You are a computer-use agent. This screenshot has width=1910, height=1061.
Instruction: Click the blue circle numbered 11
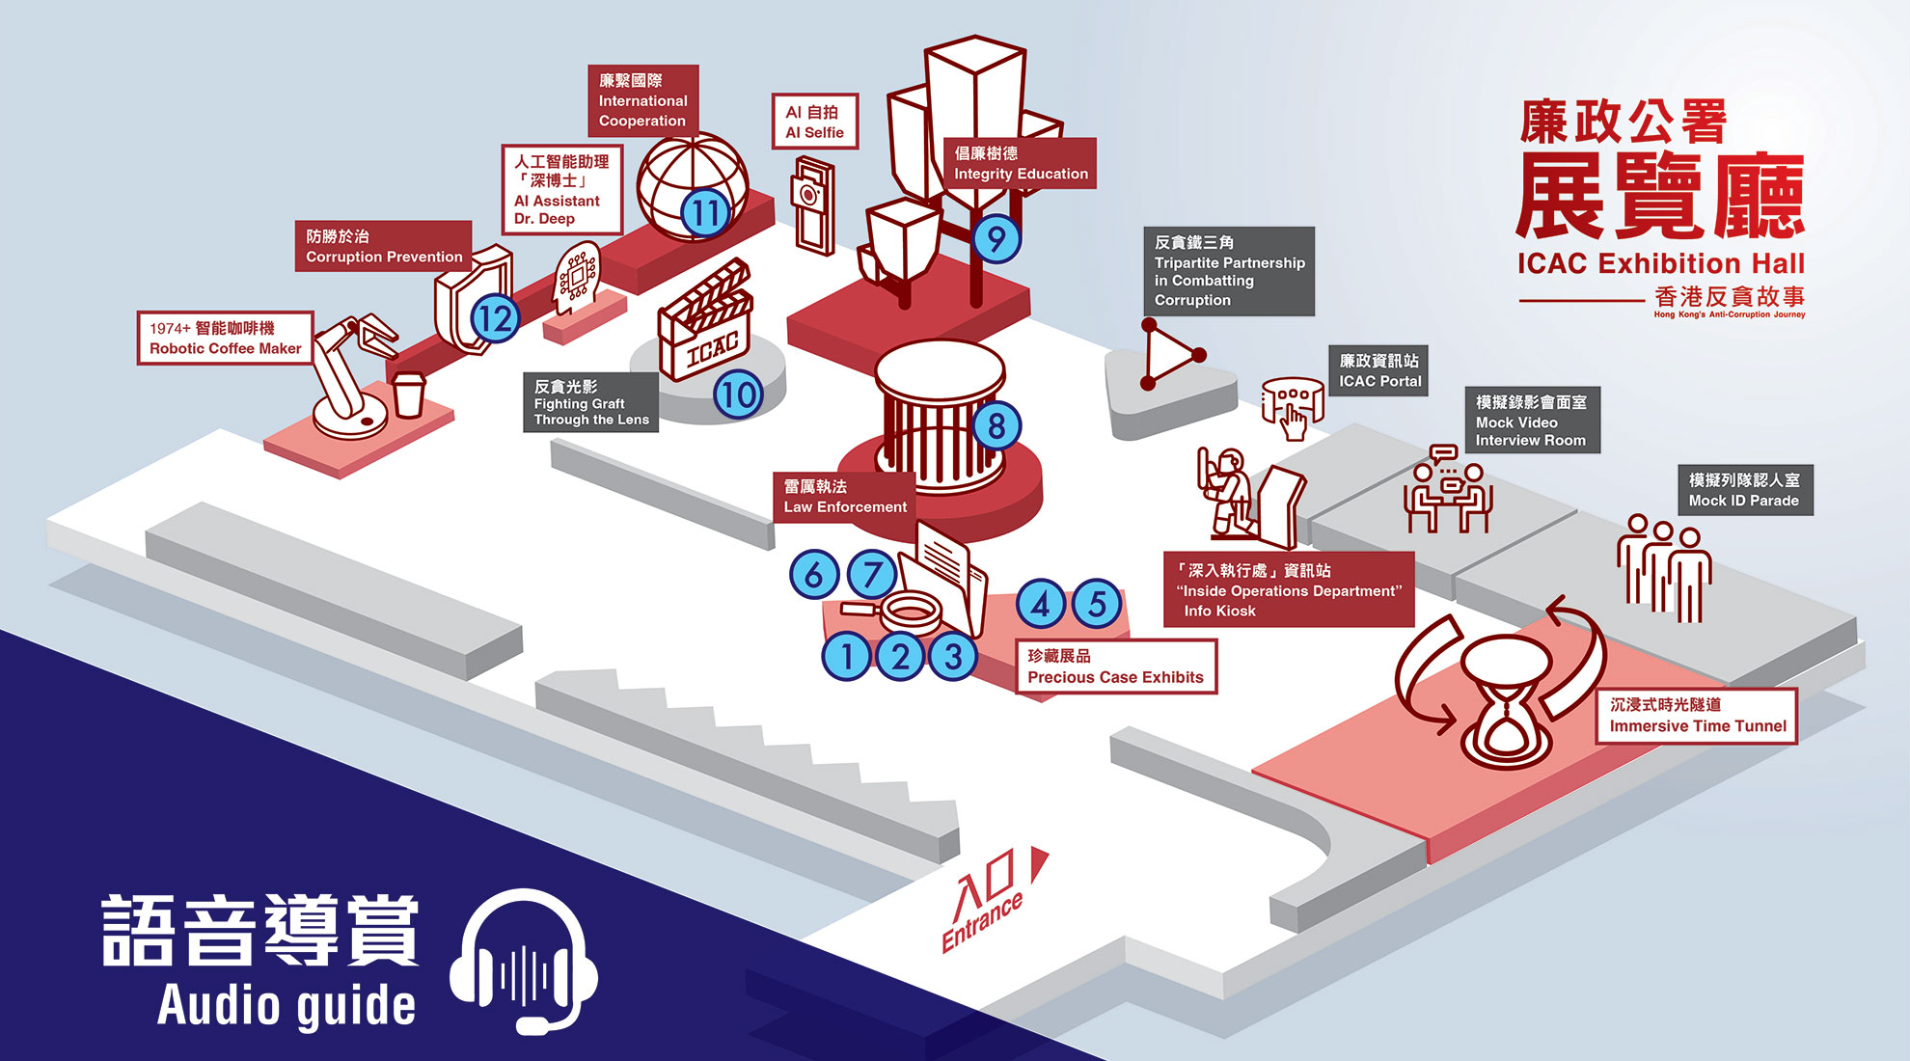(x=705, y=213)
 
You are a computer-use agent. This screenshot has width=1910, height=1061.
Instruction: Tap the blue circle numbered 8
(x=996, y=425)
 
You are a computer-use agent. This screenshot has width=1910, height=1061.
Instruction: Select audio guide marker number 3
(x=953, y=657)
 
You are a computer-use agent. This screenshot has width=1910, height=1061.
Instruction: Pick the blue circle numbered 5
(x=1097, y=604)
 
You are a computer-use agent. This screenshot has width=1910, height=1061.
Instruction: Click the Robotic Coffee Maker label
(x=226, y=338)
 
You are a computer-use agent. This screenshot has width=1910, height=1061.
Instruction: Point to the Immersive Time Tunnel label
(x=1697, y=716)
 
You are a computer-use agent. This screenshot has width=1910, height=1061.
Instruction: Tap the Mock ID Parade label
(x=1744, y=490)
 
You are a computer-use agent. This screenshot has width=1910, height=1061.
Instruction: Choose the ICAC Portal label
(x=1379, y=370)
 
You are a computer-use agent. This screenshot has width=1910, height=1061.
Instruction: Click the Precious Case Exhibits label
(x=1116, y=667)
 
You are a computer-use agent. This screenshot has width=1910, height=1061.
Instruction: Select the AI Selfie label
(x=814, y=122)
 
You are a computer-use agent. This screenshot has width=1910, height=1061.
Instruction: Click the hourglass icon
(x=1507, y=700)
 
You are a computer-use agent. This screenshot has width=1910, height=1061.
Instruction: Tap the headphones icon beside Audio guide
(x=524, y=961)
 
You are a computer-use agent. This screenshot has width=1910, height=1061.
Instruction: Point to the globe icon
(x=691, y=186)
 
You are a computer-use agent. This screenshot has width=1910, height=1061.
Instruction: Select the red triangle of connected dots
(x=1172, y=355)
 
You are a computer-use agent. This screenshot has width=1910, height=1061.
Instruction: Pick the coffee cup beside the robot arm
(x=409, y=394)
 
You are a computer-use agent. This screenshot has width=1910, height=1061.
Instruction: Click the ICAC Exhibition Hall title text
(x=1660, y=263)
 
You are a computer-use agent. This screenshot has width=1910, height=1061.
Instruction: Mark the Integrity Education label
(x=1020, y=163)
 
